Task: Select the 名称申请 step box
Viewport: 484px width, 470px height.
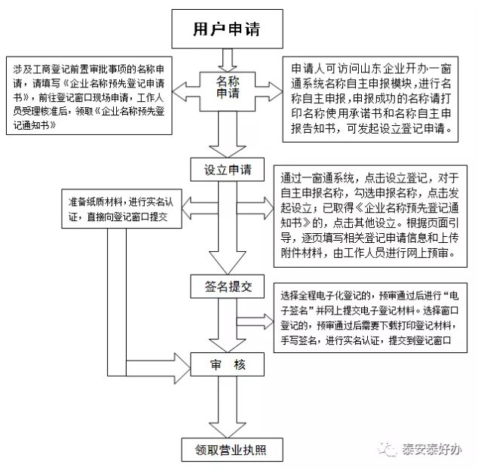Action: (226, 88)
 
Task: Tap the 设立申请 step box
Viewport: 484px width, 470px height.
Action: (226, 167)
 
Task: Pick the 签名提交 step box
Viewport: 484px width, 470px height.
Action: (226, 287)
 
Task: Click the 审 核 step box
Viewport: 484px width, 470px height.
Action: (226, 366)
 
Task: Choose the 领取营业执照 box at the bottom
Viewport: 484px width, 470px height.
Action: (226, 450)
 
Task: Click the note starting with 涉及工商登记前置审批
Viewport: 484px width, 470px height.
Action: (90, 95)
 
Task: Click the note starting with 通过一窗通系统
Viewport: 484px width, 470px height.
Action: (369, 216)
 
